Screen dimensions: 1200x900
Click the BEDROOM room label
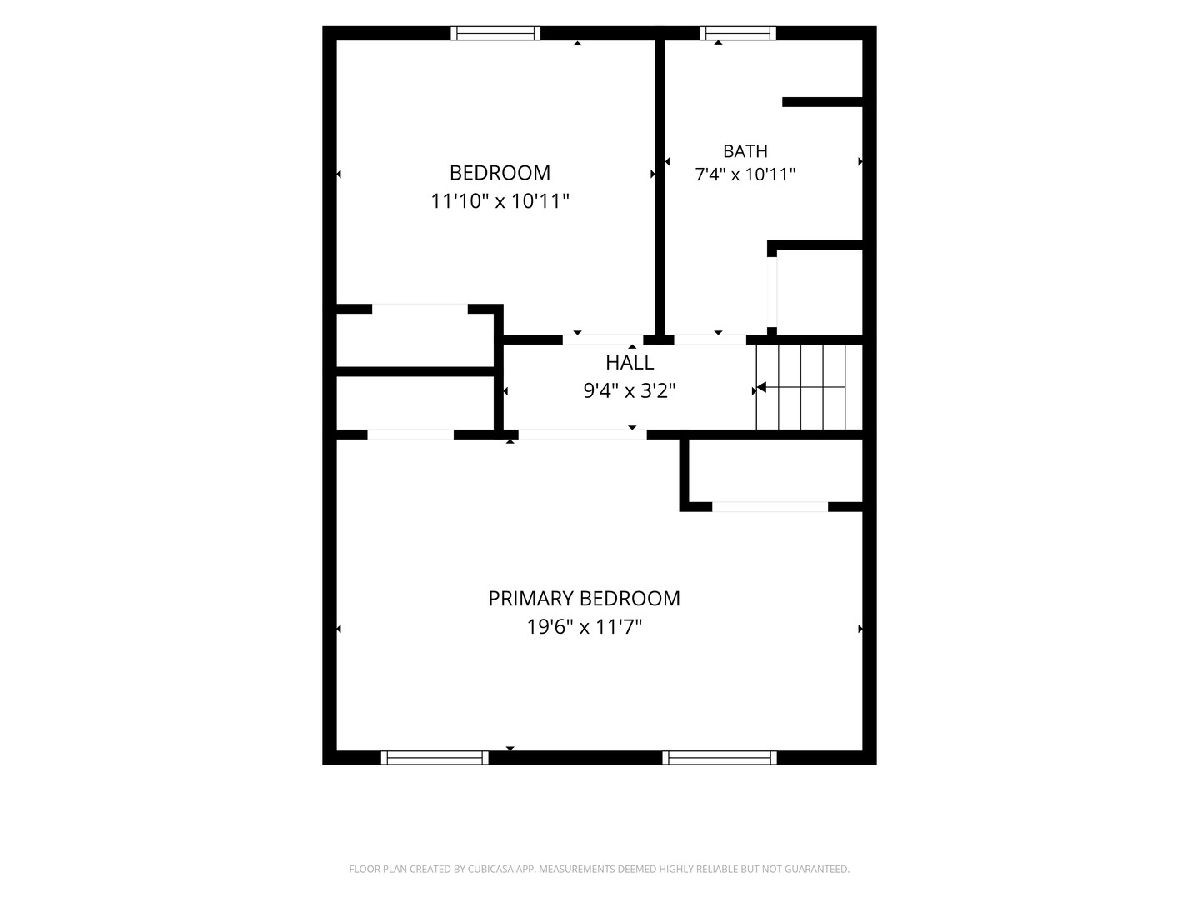coord(500,173)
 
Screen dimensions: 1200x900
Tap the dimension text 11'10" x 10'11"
coord(500,201)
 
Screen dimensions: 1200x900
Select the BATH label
coord(745,151)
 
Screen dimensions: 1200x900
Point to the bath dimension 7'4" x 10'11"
coord(745,174)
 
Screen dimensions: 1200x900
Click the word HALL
coord(630,362)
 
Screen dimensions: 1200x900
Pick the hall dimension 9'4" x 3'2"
coord(630,391)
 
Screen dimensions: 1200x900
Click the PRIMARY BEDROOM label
coord(584,598)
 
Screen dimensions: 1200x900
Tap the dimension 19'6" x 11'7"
coord(584,627)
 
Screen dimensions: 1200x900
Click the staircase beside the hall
coord(809,387)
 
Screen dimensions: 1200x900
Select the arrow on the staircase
coord(801,388)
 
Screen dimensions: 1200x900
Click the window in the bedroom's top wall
coord(495,33)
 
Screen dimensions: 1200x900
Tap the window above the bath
coord(738,33)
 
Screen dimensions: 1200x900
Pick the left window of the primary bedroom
coord(435,757)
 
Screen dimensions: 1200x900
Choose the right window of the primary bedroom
coord(719,757)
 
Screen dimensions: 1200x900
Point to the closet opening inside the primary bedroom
coord(770,507)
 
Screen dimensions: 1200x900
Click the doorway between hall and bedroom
coord(603,340)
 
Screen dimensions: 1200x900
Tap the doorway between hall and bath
coord(710,340)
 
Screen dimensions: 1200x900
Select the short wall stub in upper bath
coord(822,102)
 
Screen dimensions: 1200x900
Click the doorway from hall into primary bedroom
coord(583,435)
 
